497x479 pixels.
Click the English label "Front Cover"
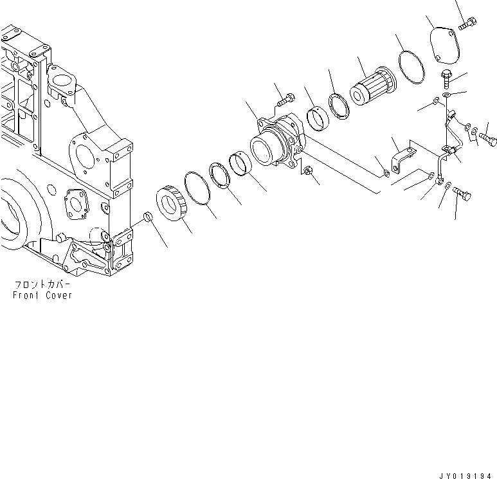coord(42,295)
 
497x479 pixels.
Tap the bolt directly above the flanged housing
coord(285,101)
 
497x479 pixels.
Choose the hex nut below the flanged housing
coord(308,170)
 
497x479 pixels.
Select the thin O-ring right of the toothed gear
coord(198,189)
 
